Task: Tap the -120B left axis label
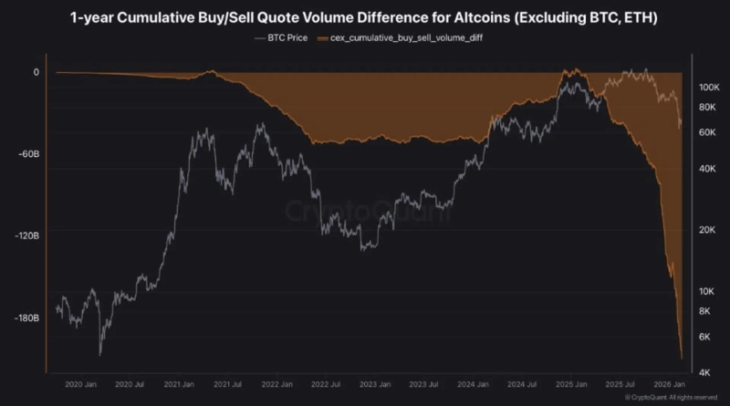25,235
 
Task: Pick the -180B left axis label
25,318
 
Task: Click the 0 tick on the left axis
36,72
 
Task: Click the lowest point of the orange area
682,359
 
